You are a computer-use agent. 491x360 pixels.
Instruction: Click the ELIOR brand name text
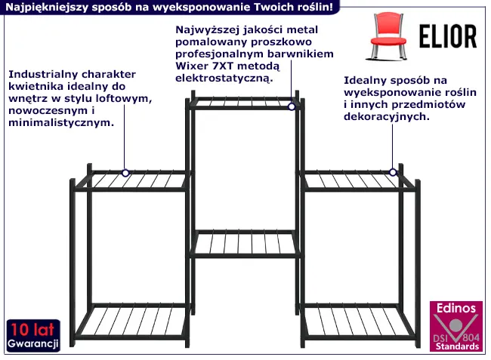point(448,36)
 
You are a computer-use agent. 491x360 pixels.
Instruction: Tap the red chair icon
point(388,36)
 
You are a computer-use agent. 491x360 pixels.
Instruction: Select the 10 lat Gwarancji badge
point(33,335)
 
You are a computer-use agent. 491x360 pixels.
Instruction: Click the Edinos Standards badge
point(456,326)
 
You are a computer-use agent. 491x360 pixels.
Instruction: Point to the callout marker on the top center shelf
point(292,106)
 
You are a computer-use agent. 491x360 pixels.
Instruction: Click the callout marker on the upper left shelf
point(125,173)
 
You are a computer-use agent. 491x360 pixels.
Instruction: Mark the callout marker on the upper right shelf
point(393,172)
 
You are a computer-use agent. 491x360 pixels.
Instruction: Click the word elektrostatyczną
point(224,78)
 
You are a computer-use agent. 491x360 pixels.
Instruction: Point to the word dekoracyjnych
point(387,117)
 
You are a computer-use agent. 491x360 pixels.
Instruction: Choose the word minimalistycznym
point(61,122)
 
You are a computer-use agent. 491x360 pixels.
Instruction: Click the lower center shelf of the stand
point(245,244)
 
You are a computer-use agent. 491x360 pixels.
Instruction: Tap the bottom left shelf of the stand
point(130,322)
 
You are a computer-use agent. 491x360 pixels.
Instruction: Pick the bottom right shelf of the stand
point(357,322)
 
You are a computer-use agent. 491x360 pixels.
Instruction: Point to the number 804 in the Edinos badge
point(471,337)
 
